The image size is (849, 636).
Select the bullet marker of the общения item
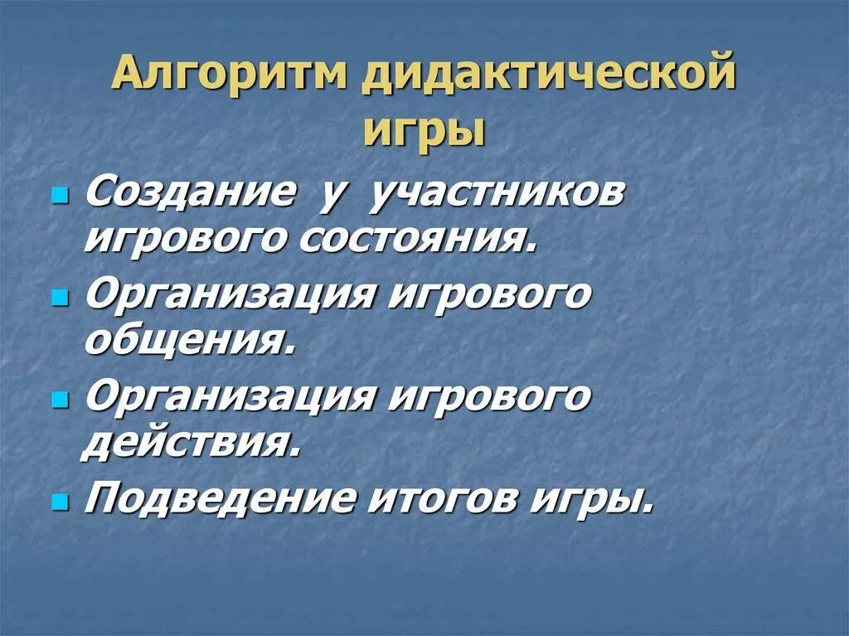click(59, 298)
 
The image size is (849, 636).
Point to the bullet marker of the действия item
click(59, 399)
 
